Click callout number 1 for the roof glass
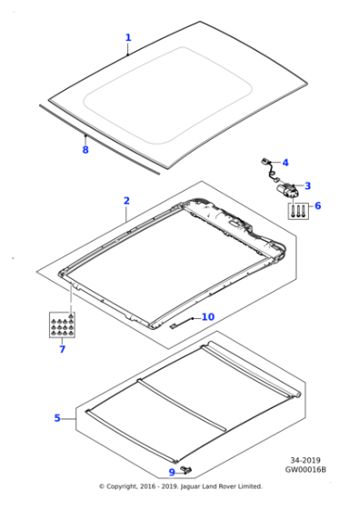[x=128, y=38]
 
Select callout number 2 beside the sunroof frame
[x=126, y=201]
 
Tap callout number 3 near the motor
[x=307, y=185]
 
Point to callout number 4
[x=285, y=163]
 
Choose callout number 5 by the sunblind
[x=57, y=418]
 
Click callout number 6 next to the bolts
[x=317, y=206]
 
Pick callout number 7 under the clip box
[x=62, y=348]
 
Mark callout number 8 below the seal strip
[x=85, y=149]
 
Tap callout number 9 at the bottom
[x=172, y=472]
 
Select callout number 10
[x=207, y=317]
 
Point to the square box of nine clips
[x=62, y=324]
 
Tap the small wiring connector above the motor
[x=268, y=165]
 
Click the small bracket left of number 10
[x=180, y=322]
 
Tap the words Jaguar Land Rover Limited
[x=225, y=486]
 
